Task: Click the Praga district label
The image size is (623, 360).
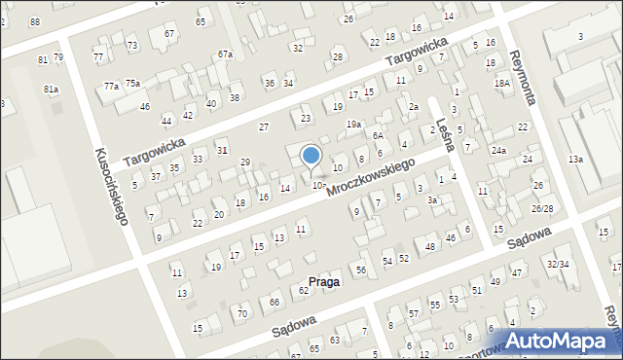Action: pos(324,281)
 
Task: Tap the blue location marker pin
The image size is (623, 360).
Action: pos(311,156)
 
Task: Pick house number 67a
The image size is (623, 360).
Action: pos(225,54)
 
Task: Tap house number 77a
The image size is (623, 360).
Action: pos(111,87)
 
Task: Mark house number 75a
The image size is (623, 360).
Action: pos(132,83)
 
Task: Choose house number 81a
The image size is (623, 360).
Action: pos(51,90)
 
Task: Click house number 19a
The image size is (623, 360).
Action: pos(353,125)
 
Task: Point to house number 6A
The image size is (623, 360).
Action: pos(378,135)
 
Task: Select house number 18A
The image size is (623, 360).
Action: pos(501,84)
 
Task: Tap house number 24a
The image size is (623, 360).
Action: pos(498,151)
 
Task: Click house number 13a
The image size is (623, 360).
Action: pos(575,159)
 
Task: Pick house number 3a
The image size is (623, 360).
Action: pos(431,199)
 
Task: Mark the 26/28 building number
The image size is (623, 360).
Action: pos(542,209)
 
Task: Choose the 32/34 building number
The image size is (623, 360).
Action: pos(558,265)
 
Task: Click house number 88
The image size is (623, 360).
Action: pos(35,21)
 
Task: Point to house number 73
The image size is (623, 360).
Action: pos(131,46)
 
